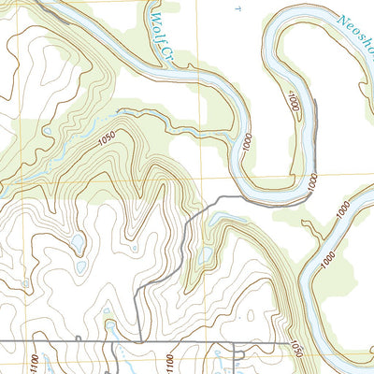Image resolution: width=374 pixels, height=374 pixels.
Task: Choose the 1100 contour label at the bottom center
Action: [x=167, y=361]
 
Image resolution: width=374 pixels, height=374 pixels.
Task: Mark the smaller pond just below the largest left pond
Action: [x=79, y=268]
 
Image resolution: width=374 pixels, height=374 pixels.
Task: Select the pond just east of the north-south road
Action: [x=206, y=254]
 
